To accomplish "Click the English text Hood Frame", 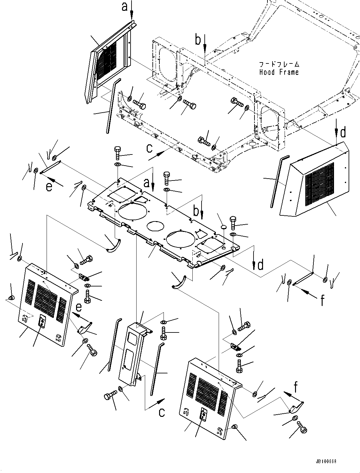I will click(279, 72).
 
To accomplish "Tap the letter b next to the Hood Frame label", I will click(198, 40).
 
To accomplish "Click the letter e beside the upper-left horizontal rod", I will click(49, 187).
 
